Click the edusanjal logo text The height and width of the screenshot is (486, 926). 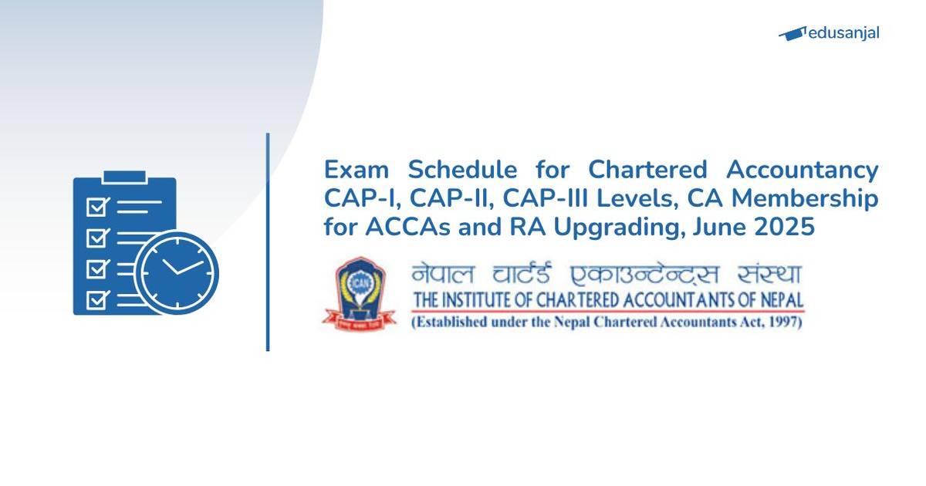pos(843,33)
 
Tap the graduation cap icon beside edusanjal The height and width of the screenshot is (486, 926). pos(792,33)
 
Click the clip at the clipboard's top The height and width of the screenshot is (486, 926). pos(124,177)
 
